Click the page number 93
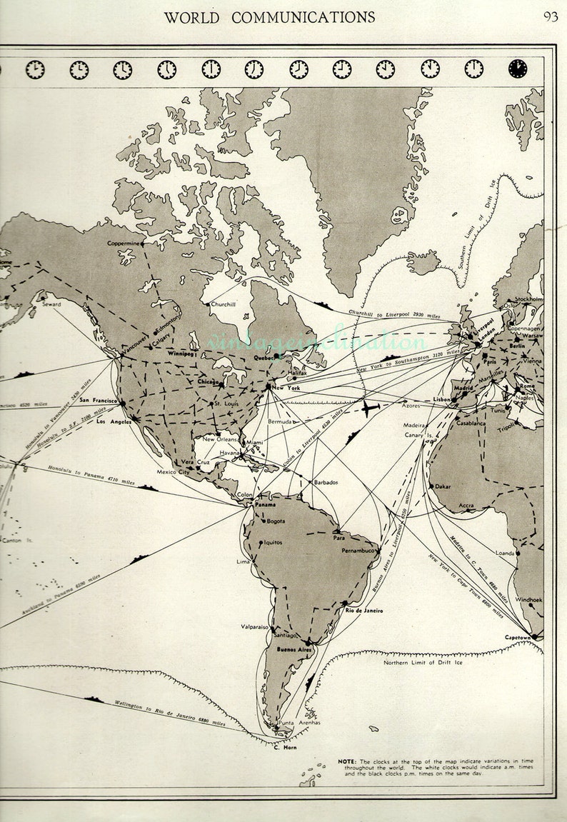551,17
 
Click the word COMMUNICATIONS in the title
299,17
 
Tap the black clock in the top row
517,69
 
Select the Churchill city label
223,304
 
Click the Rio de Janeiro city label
364,611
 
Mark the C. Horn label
285,748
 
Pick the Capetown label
518,637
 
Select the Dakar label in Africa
443,486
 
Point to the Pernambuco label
358,551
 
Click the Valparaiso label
254,626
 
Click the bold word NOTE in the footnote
348,761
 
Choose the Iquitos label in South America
273,542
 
